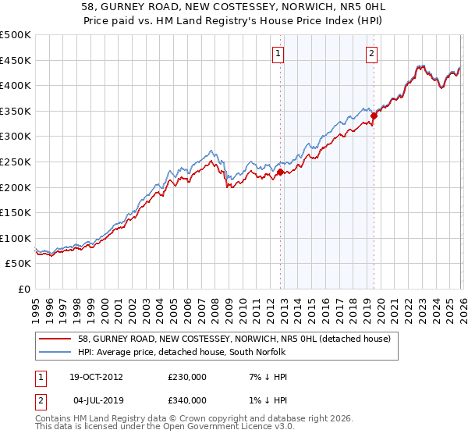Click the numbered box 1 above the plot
pos(278,54)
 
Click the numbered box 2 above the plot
pos(371,54)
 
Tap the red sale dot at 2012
pos(281,172)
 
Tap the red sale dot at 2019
pos(374,115)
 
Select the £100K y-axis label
pos(16,238)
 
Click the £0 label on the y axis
pos(25,289)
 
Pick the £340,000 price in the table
pos(187,400)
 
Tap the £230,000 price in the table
pos(187,376)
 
